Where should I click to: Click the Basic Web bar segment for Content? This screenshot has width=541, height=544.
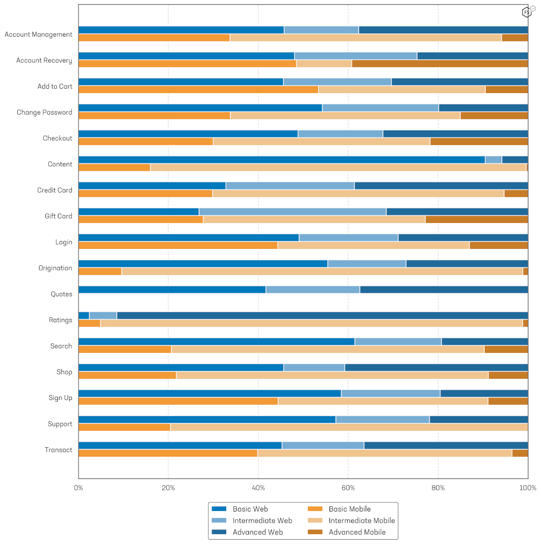281,160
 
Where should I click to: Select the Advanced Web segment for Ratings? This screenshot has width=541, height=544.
322,316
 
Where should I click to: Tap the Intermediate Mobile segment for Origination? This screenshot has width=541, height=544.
322,272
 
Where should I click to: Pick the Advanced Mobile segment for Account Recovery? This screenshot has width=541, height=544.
439,64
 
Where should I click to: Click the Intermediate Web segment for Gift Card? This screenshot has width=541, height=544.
292,212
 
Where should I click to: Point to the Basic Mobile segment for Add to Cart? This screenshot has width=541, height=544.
198,90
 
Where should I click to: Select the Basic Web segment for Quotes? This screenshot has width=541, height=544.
172,290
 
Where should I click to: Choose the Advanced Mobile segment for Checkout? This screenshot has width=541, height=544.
479,142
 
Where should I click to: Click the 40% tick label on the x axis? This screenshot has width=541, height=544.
258,488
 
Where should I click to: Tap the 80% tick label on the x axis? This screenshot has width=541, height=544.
438,488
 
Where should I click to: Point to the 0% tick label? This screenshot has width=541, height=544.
78,488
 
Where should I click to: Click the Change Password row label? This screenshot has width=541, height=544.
44,113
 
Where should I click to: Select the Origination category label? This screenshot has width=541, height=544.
55,268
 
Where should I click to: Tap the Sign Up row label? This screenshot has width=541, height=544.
60,398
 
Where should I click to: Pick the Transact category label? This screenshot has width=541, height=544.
58,450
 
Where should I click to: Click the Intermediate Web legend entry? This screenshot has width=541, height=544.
262,521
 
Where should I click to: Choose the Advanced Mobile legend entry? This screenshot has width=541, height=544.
357,533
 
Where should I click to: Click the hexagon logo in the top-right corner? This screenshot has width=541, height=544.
526,12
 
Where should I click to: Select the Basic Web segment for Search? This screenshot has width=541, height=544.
216,342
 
